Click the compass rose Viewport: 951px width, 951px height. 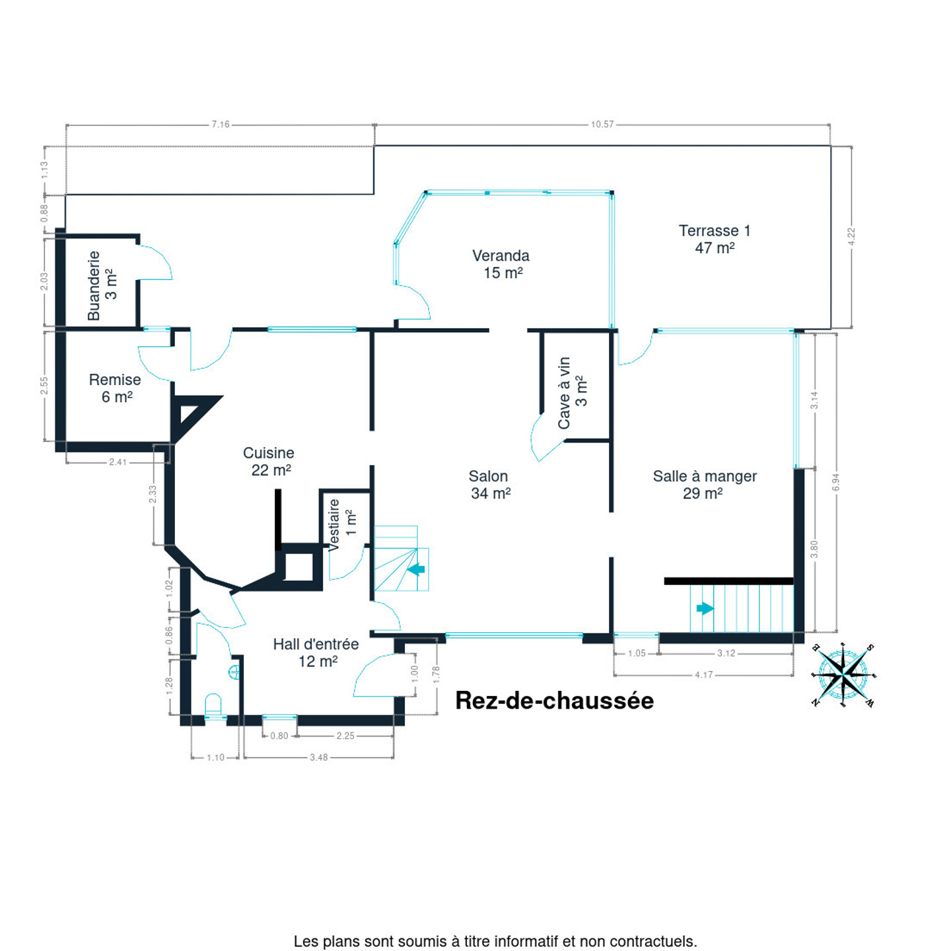coord(844,675)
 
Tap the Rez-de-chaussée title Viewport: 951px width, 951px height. coord(554,701)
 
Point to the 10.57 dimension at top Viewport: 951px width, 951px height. coord(602,124)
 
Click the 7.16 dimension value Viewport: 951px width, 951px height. coord(221,124)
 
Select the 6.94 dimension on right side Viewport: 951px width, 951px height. coord(836,482)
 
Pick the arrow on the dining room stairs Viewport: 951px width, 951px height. coord(705,608)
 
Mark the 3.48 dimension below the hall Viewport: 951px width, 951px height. coord(318,757)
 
